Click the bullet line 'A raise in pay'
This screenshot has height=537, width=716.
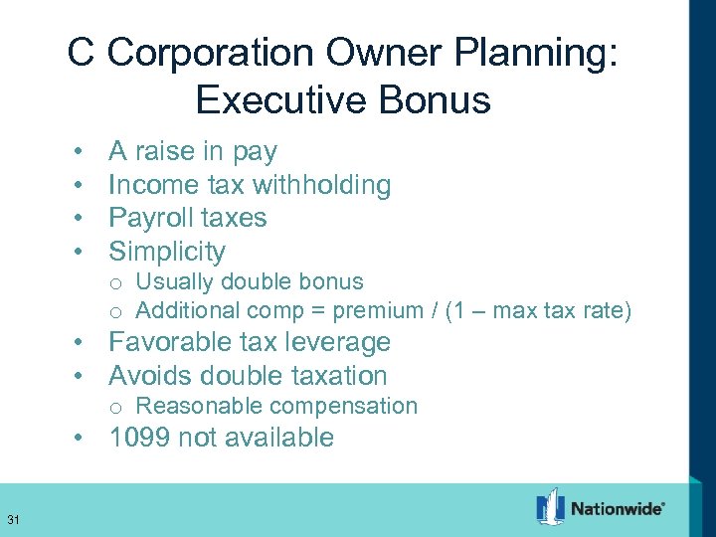[x=193, y=152]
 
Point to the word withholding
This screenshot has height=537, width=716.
[x=321, y=185]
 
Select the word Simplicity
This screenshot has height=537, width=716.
[x=167, y=251]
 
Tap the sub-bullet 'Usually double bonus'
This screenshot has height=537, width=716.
[x=249, y=282]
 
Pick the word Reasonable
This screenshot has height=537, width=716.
[x=199, y=406]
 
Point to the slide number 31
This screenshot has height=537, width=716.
[x=13, y=519]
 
